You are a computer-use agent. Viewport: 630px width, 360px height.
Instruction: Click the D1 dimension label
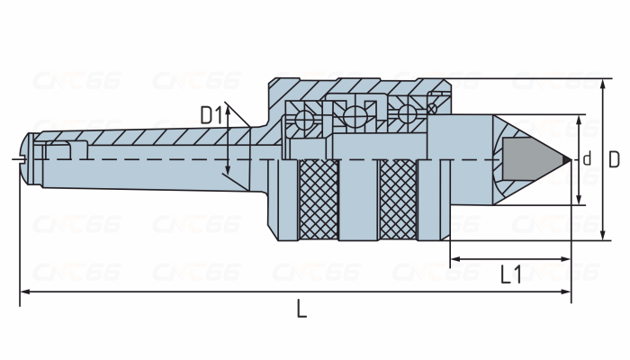click(211, 115)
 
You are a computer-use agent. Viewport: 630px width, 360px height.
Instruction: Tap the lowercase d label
click(587, 158)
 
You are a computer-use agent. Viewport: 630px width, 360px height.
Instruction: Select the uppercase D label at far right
click(614, 159)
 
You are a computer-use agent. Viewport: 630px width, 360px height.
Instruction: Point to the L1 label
click(511, 274)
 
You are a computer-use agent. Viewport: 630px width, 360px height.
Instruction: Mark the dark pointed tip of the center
click(566, 160)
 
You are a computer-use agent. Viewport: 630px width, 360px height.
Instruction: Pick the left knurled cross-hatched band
click(319, 200)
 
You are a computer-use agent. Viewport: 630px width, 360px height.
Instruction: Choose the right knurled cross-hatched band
click(398, 200)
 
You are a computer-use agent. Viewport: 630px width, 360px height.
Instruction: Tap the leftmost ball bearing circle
click(304, 120)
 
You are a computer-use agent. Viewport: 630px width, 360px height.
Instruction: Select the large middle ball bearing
click(355, 116)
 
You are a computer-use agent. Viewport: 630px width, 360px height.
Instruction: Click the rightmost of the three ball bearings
click(407, 113)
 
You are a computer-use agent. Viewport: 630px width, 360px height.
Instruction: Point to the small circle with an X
click(432, 109)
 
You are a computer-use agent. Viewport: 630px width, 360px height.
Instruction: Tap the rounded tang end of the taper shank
click(25, 159)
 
